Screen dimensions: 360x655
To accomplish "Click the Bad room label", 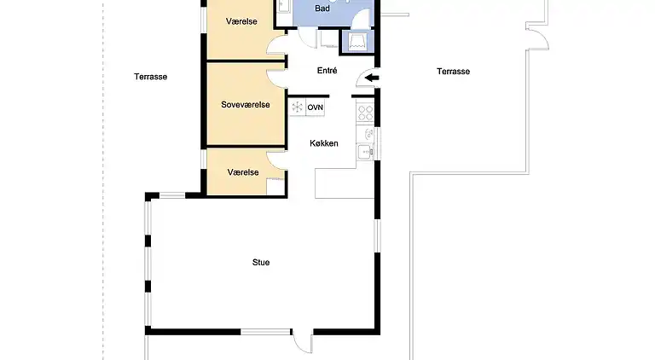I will click(x=322, y=9).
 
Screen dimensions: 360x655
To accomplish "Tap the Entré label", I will click(x=327, y=72).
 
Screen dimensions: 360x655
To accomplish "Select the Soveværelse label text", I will click(x=246, y=105).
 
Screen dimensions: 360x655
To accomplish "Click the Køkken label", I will click(x=324, y=143).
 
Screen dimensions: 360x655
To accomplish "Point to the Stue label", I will click(x=261, y=263).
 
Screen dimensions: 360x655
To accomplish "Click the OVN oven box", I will click(x=316, y=107).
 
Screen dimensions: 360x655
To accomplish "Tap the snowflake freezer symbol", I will click(x=298, y=107).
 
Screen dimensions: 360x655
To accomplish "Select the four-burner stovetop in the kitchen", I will click(x=366, y=111).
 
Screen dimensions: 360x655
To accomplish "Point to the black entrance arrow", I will click(x=372, y=78).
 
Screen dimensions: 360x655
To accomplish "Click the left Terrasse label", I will click(x=150, y=77).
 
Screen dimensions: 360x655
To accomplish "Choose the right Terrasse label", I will click(x=453, y=72).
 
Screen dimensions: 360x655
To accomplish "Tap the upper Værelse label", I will click(x=244, y=20).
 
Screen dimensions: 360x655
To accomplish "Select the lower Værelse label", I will click(x=243, y=172).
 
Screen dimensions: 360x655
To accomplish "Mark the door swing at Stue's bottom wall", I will click(x=303, y=341).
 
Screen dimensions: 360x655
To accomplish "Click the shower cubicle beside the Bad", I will click(x=355, y=40).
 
